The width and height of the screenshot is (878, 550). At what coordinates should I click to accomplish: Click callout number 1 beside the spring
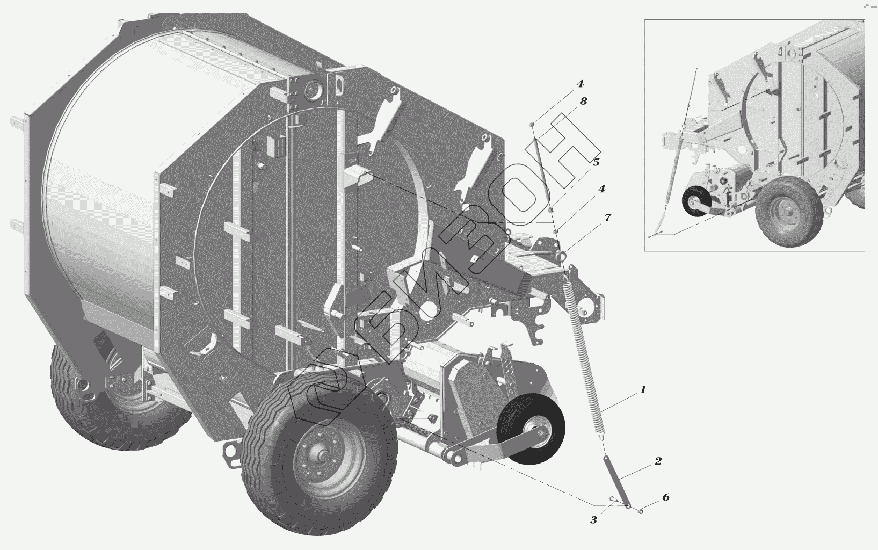[642, 389]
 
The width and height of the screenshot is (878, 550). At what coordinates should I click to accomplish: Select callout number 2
[658, 461]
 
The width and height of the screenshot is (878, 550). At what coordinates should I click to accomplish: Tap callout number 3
[593, 520]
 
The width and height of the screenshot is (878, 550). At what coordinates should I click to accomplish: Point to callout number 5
[596, 162]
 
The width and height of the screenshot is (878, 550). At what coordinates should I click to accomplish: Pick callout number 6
[665, 497]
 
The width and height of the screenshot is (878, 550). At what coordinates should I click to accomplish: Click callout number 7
[607, 217]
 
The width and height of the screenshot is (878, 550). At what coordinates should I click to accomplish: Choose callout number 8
[583, 101]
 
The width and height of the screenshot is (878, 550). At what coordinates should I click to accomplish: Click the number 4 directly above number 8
[580, 83]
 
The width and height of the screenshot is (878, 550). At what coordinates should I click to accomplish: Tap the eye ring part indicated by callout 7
[562, 255]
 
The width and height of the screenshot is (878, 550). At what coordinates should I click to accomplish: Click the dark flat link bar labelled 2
[616, 482]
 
